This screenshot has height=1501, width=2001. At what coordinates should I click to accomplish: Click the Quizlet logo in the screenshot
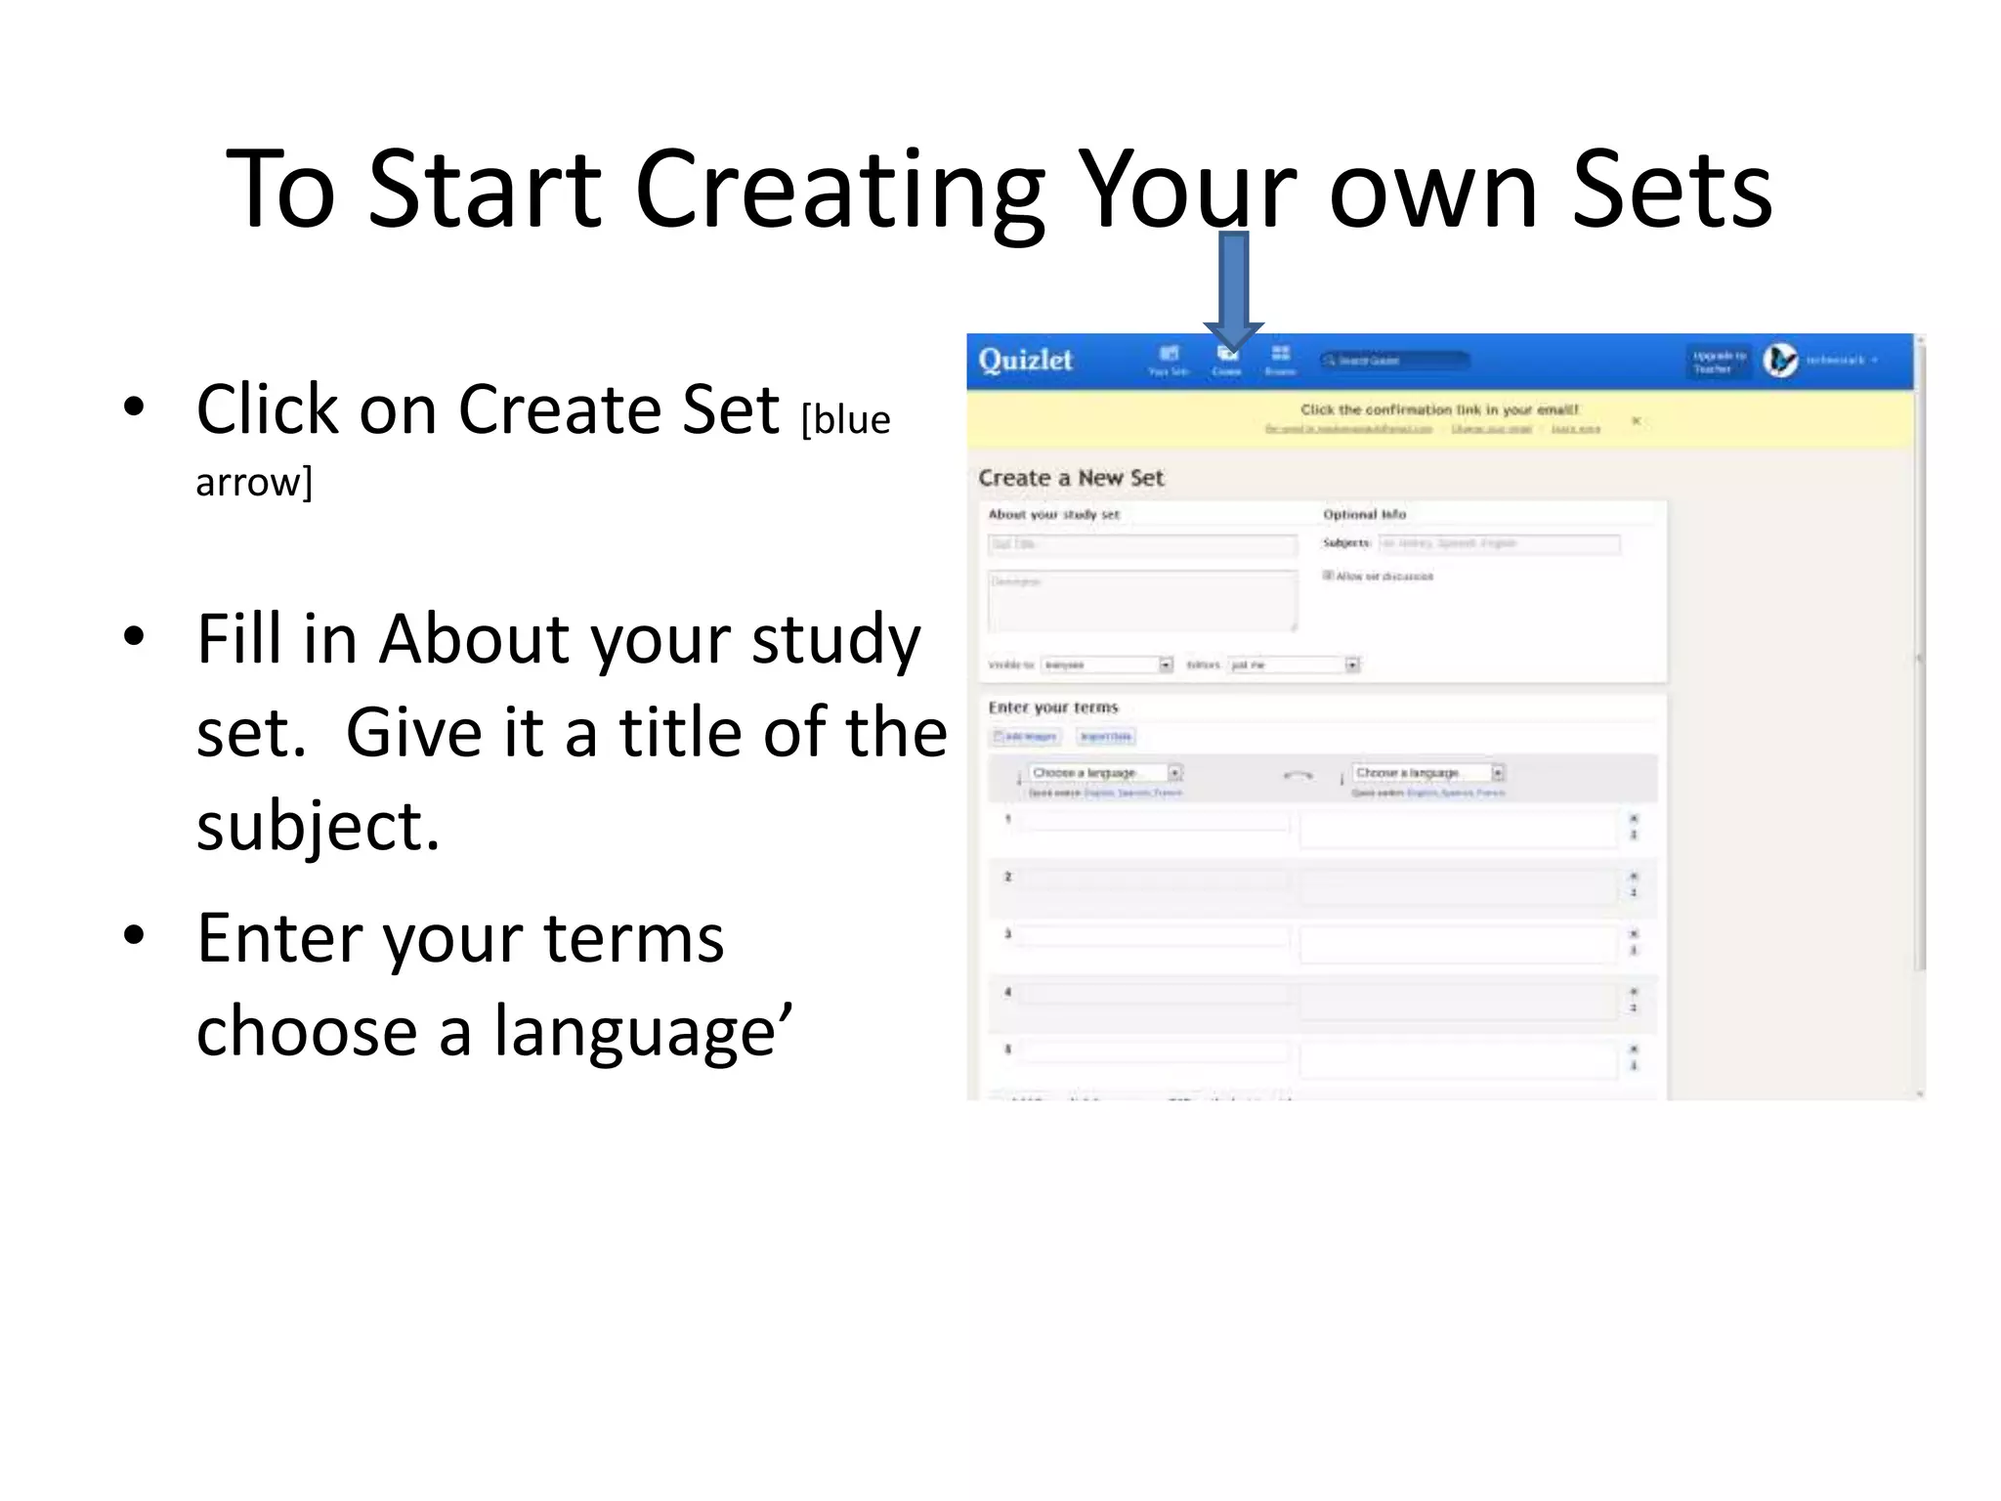click(1025, 361)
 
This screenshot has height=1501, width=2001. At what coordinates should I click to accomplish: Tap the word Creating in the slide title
click(839, 191)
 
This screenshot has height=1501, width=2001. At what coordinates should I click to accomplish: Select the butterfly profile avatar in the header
click(1780, 361)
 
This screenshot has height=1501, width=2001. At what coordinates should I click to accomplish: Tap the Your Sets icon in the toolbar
click(1169, 359)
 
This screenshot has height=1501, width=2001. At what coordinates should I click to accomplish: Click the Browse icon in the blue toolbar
click(1280, 359)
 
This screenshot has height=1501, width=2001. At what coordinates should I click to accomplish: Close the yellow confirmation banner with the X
click(1637, 421)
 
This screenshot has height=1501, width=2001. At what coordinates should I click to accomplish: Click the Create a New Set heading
click(1071, 478)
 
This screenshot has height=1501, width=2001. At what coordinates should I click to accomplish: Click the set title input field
click(1141, 544)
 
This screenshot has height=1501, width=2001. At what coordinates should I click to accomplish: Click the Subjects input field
click(1499, 543)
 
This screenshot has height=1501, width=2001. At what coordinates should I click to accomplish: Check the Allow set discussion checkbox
click(1329, 576)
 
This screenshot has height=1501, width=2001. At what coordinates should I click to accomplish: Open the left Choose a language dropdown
click(1105, 773)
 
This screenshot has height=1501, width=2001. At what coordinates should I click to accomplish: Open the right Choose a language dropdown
click(1428, 773)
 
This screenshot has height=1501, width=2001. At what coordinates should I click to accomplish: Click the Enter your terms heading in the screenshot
click(1052, 708)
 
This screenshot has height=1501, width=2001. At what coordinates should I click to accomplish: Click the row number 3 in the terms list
click(1007, 933)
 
